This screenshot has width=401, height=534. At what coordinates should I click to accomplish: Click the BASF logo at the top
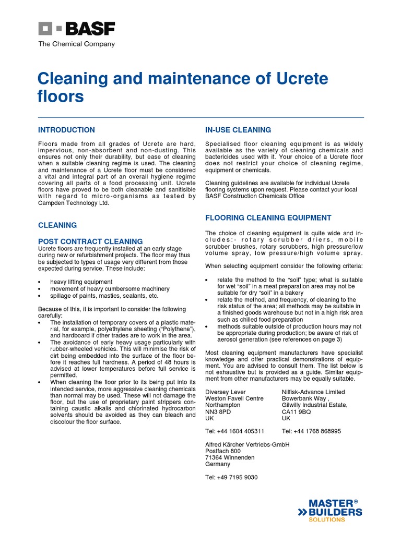pos(76,29)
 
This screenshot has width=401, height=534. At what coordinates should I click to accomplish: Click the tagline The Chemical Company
pos(76,44)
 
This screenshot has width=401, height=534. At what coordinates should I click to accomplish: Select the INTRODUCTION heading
pos(66,130)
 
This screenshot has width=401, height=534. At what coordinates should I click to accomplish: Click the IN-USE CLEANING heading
pos(238,130)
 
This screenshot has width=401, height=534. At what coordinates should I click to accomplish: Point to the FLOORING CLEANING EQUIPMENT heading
pos(268,217)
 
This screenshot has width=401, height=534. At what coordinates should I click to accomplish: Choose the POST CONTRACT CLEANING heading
pos(90,241)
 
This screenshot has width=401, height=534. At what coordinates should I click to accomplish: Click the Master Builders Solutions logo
pos(330,510)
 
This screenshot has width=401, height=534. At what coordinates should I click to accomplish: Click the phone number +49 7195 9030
pos(231,477)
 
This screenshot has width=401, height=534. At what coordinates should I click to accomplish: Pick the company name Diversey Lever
pos(226,392)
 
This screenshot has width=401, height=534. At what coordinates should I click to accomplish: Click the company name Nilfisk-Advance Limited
pos(313,392)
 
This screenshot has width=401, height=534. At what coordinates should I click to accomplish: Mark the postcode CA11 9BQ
pos(297,411)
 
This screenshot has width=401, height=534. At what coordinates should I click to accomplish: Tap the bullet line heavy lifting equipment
pos(81,282)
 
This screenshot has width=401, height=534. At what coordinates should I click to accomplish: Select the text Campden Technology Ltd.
pos(74,203)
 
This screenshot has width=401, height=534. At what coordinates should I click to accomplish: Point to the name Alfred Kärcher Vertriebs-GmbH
pos(247,444)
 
